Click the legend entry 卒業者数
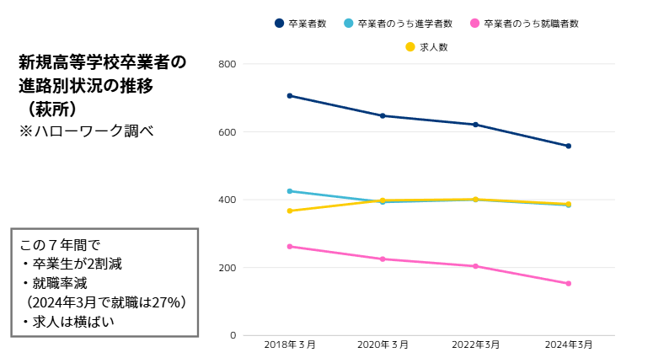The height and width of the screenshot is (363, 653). (301, 24)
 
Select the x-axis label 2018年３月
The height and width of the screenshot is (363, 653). (290, 346)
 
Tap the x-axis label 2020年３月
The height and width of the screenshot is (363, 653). (383, 346)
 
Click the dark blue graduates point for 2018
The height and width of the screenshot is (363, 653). (290, 96)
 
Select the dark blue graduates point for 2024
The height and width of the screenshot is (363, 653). (569, 146)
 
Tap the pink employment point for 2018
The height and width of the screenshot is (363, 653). (290, 247)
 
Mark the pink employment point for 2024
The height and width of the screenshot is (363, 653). (569, 284)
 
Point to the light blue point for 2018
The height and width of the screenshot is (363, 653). (290, 191)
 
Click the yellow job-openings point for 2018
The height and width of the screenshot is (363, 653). (290, 211)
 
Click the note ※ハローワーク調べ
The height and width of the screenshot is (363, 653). (87, 131)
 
